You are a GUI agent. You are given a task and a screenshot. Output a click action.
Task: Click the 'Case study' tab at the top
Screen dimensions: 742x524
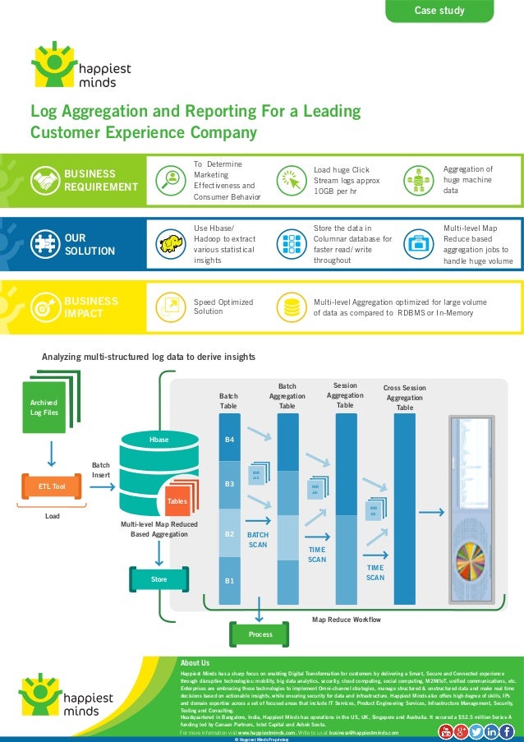(439, 11)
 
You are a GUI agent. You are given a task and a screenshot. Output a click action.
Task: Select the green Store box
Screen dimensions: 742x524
(159, 579)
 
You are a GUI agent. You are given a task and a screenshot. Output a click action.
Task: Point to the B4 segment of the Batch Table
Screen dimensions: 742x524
(230, 440)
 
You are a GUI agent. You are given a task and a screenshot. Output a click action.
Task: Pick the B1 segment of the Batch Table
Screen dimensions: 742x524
(230, 581)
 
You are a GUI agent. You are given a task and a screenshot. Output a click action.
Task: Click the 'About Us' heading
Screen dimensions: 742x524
(195, 663)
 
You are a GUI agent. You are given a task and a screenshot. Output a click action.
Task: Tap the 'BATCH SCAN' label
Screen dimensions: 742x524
(258, 539)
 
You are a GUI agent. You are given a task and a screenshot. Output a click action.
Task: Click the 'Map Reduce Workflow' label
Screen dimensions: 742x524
(347, 619)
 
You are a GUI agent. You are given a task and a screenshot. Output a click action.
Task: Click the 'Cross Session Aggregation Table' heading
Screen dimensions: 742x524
(405, 398)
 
